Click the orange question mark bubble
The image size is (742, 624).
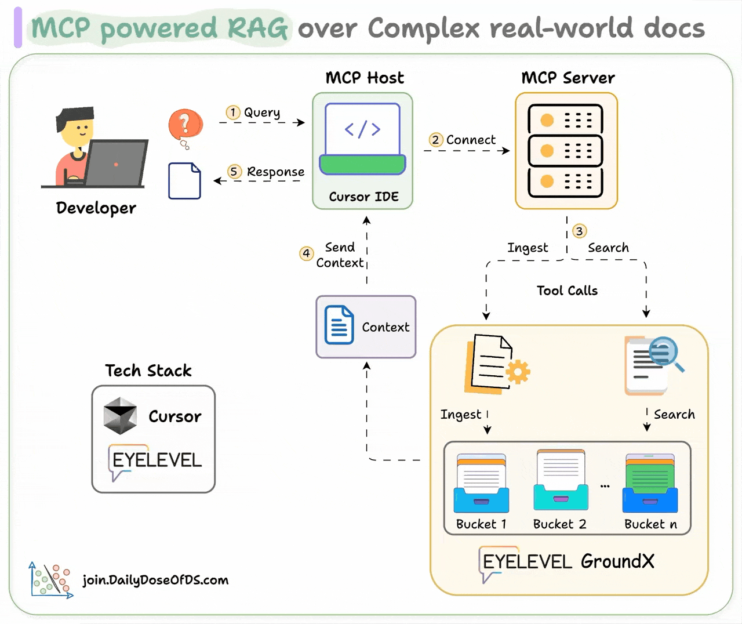click(185, 124)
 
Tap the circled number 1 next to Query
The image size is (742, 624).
click(233, 112)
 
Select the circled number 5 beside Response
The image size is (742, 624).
click(234, 172)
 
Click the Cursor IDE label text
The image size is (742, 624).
click(363, 197)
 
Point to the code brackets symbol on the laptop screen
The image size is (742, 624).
click(362, 129)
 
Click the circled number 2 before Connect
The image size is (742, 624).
click(435, 140)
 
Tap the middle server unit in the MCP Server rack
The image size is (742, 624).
click(565, 151)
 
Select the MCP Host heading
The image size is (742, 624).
click(365, 78)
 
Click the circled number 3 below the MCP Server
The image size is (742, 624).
click(579, 231)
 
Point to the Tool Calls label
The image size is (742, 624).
click(566, 291)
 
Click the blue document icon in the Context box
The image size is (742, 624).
click(339, 325)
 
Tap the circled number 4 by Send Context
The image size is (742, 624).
click(306, 253)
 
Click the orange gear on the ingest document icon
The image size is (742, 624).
click(518, 372)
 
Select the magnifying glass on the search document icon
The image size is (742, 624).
click(665, 352)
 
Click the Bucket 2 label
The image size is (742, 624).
click(559, 524)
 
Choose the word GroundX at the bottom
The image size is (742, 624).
click(617, 561)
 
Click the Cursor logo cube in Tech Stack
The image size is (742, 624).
click(120, 416)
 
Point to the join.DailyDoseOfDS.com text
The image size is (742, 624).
click(155, 579)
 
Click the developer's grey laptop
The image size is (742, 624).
click(116, 163)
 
